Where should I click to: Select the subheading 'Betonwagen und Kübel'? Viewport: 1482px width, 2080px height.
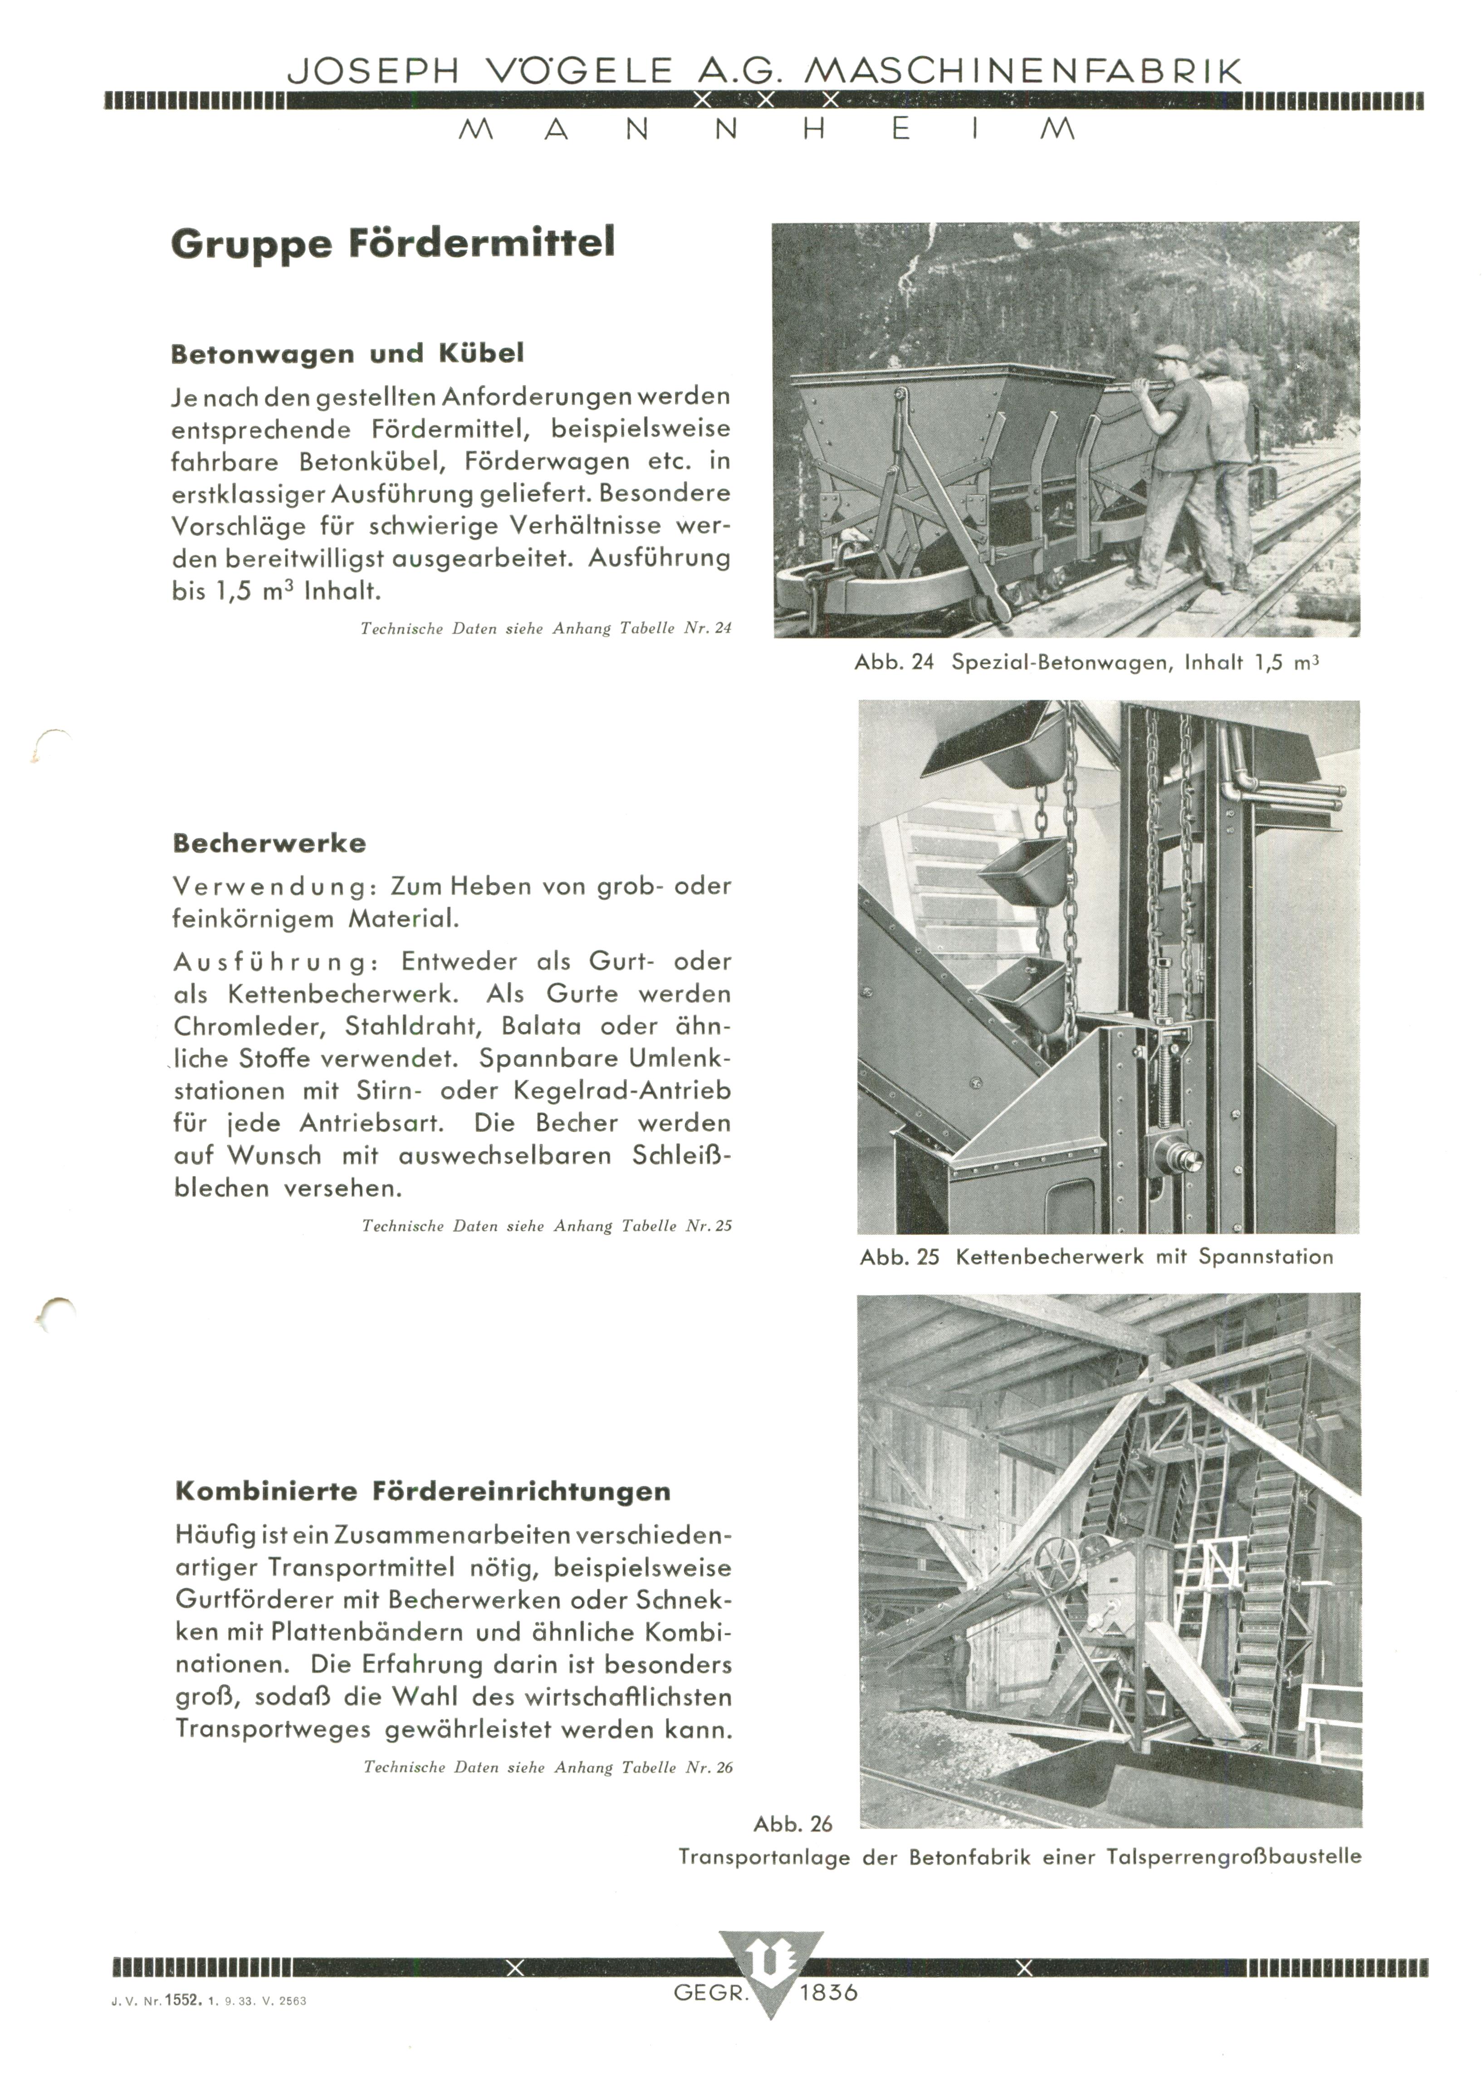point(347,354)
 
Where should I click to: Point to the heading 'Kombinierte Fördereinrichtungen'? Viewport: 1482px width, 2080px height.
point(422,1491)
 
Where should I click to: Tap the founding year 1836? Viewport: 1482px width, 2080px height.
point(829,1993)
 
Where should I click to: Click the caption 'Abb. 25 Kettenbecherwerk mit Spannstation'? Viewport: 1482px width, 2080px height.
point(1096,1257)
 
